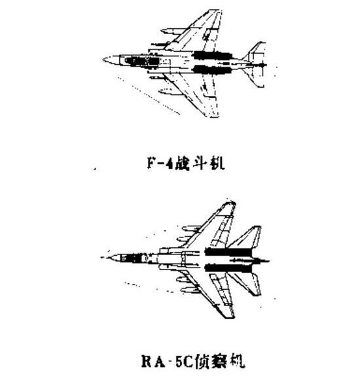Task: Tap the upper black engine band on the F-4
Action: click(213, 55)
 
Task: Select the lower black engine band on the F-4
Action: click(212, 69)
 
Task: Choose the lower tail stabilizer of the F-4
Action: click(255, 77)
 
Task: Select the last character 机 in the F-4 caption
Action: click(217, 163)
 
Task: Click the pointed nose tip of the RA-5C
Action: click(101, 258)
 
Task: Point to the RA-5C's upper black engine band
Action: click(228, 252)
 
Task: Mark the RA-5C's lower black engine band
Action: click(228, 268)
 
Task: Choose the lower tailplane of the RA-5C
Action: click(246, 284)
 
